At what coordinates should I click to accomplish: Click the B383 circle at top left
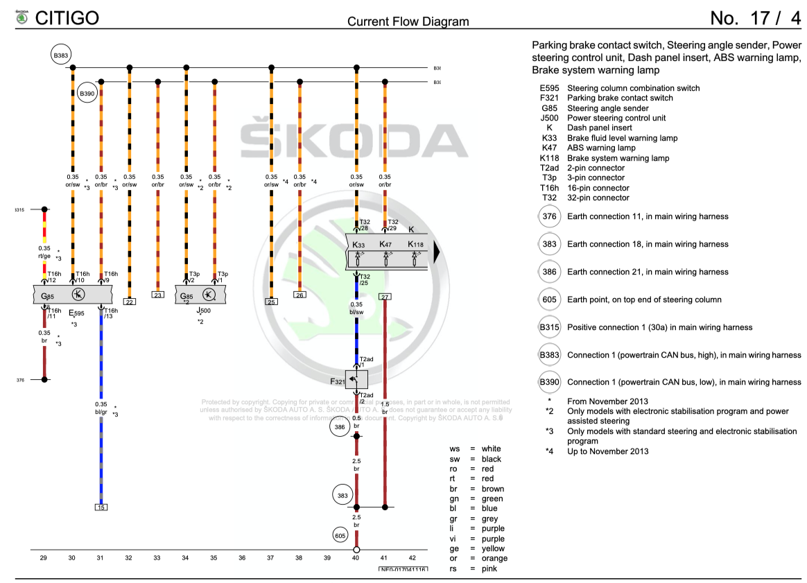pos(61,54)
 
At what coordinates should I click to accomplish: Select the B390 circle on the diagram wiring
pos(87,93)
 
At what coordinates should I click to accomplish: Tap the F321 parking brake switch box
pos(357,378)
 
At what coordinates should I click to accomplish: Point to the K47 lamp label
pos(385,244)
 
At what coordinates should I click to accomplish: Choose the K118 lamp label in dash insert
pos(415,244)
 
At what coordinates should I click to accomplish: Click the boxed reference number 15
pos(101,507)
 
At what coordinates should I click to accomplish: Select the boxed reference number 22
pos(130,302)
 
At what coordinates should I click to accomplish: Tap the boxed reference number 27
pos(385,297)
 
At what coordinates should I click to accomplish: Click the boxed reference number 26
pos(300,295)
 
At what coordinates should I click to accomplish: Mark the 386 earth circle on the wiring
pos(339,428)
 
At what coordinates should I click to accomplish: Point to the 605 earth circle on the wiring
pos(340,534)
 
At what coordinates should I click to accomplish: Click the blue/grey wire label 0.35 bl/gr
pos(101,408)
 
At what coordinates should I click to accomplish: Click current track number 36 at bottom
pos(243,557)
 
